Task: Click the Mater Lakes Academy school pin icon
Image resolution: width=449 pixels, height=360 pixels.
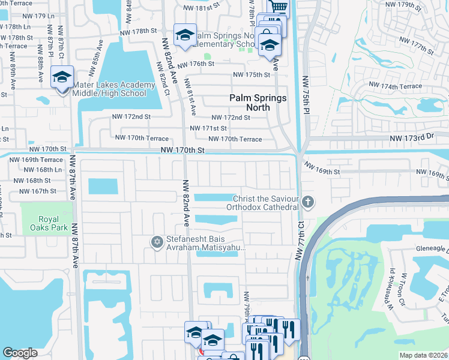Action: [x=62, y=77]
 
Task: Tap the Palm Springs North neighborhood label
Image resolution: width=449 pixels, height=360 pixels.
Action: [x=258, y=103]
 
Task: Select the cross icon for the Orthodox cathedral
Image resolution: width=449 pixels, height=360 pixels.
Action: [x=308, y=202]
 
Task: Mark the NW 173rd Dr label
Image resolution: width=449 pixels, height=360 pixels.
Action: [x=412, y=138]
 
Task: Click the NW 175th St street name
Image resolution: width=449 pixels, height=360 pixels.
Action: [x=252, y=74]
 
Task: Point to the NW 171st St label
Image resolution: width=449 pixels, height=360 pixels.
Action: [x=208, y=128]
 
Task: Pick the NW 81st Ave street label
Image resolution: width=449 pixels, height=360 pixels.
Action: [x=190, y=96]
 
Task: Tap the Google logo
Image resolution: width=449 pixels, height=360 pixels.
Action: [x=20, y=353]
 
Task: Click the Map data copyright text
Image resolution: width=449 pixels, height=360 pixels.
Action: [x=424, y=355]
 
